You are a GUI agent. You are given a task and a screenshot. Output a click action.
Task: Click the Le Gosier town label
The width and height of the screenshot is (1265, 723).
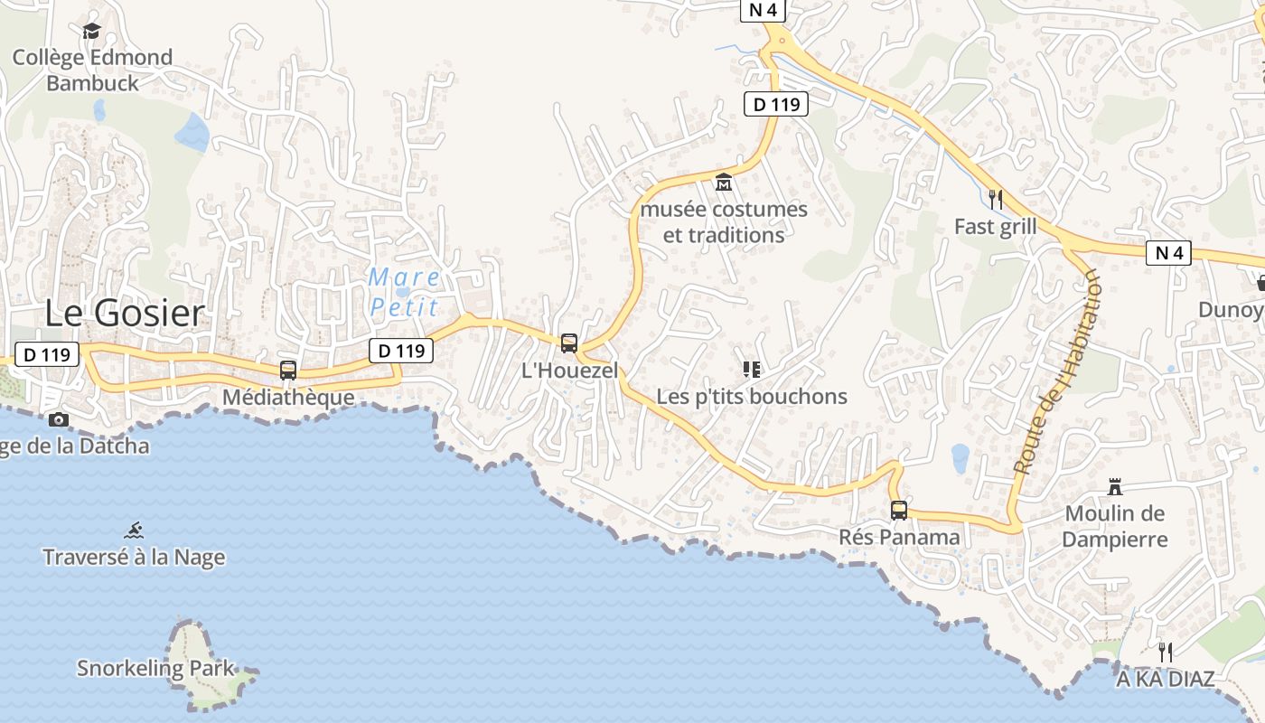[125, 314]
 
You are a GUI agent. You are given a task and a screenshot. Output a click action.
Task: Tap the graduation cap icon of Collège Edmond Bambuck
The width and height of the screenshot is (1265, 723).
[91, 32]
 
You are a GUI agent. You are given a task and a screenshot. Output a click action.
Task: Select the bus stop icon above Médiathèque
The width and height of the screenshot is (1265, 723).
[288, 370]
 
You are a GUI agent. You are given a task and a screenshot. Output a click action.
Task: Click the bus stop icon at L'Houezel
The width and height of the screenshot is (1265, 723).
[569, 343]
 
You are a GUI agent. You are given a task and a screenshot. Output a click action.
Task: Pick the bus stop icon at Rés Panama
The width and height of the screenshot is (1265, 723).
[899, 511]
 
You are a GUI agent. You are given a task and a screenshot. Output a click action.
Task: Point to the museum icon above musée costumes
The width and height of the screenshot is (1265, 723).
[724, 183]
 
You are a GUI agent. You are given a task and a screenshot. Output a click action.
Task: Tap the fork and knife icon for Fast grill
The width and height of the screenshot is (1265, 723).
[996, 199]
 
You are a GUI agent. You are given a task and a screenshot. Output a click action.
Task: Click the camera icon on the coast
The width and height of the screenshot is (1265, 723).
[59, 419]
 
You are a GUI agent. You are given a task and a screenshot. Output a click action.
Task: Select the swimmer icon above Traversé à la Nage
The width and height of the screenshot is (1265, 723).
[135, 531]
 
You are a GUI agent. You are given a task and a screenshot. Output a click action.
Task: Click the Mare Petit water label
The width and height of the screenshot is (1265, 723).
[405, 291]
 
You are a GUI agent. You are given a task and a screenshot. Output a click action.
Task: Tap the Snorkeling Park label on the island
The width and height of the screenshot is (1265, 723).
[155, 669]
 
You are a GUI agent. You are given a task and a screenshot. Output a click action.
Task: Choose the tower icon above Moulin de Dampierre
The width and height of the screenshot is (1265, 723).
[1115, 487]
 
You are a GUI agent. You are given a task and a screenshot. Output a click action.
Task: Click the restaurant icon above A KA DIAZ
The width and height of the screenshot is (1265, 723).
[1166, 652]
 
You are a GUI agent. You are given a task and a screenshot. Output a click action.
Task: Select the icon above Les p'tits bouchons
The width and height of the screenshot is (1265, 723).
[751, 369]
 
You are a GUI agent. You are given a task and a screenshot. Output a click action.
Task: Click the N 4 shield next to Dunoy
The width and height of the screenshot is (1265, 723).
[1169, 253]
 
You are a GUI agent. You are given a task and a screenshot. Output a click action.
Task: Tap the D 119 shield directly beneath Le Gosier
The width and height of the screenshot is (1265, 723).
[47, 354]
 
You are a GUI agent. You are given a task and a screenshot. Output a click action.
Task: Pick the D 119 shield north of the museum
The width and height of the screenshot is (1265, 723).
[776, 104]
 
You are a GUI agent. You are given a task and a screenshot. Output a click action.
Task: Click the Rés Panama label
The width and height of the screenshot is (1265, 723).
[899, 538]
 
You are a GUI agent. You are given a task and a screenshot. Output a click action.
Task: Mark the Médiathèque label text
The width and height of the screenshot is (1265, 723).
[288, 397]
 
